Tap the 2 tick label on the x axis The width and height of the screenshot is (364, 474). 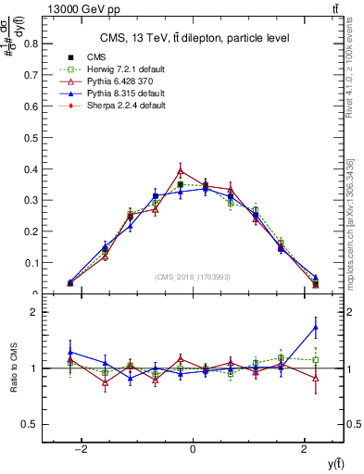[x=305, y=449]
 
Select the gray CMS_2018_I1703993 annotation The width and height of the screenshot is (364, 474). [x=192, y=277]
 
